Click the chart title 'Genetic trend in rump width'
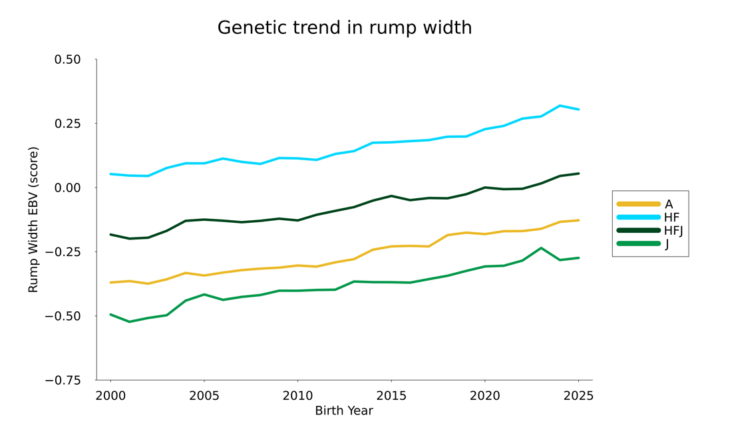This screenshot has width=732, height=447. coord(344,28)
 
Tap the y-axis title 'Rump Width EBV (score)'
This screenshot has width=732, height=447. coord(33,220)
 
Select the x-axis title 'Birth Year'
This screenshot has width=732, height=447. coord(343,411)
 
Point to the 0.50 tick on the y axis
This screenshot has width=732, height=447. coord(67,60)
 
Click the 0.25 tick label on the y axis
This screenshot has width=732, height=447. coord(67,124)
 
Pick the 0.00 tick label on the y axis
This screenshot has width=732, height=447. coord(67,188)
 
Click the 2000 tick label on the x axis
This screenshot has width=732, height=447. coord(110,396)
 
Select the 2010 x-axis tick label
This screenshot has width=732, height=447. coord(297,396)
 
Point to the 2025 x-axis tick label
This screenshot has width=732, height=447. coord(578,396)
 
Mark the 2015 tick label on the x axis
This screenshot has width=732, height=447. coord(391,396)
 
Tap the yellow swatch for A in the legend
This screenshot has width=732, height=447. coord(638,204)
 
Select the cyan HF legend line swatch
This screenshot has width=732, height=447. coord(638,218)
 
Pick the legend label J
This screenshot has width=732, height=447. coord(667,244)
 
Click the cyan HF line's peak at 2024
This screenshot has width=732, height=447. coord(560,106)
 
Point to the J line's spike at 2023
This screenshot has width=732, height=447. coord(541,248)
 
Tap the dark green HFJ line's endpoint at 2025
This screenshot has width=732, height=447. coord(578,174)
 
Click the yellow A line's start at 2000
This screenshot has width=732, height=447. coord(110,283)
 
